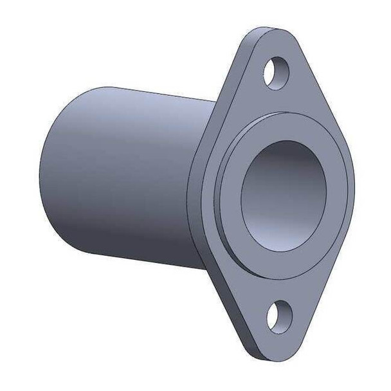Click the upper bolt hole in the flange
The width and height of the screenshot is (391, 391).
click(x=275, y=69)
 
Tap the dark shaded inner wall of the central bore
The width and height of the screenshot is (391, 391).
click(x=270, y=167)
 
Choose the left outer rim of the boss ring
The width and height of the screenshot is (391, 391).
click(x=219, y=193)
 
